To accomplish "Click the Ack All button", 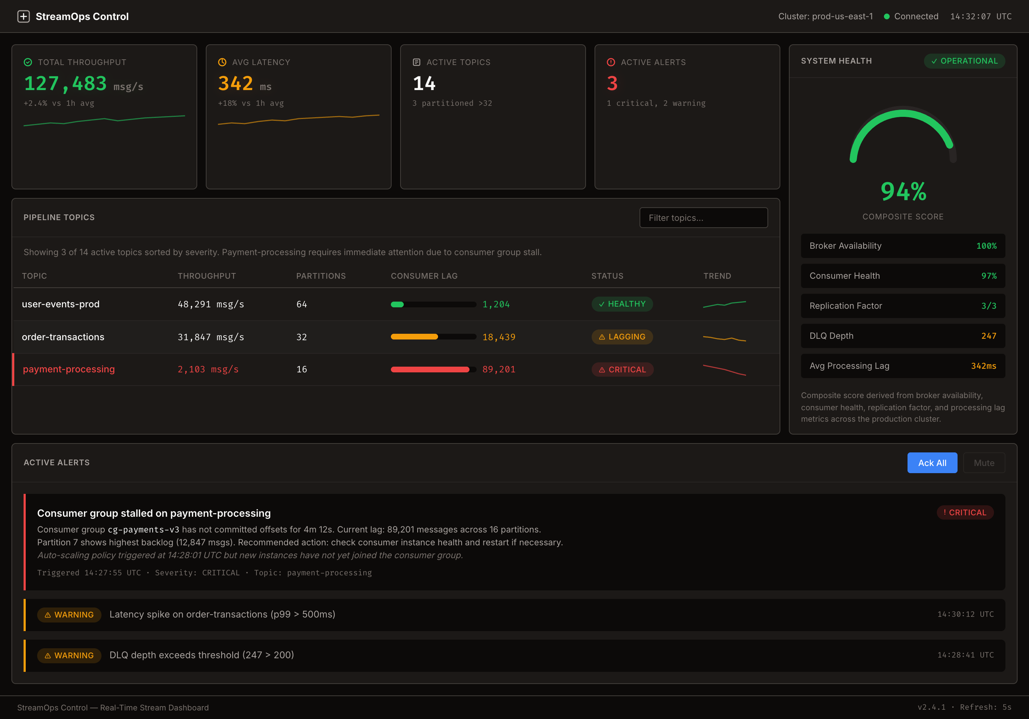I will [x=932, y=463].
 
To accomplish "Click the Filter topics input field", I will [x=703, y=218].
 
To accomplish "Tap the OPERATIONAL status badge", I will [x=964, y=61].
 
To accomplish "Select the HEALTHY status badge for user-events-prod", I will [x=622, y=304].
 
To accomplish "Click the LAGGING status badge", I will [x=622, y=337].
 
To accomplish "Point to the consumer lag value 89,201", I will [x=498, y=370].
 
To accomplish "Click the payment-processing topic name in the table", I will [x=69, y=370].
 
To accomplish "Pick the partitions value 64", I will [x=302, y=304].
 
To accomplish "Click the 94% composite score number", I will [x=903, y=192].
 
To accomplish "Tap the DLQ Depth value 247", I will [x=988, y=336].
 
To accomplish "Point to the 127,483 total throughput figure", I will [x=65, y=84].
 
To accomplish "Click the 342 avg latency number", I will [x=236, y=84].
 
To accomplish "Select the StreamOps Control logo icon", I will [x=23, y=16].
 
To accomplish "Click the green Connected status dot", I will [x=886, y=16].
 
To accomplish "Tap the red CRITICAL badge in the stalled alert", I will [x=965, y=512].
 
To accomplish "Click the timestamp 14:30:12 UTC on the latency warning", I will [x=965, y=614].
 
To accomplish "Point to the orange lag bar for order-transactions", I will [x=414, y=337].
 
